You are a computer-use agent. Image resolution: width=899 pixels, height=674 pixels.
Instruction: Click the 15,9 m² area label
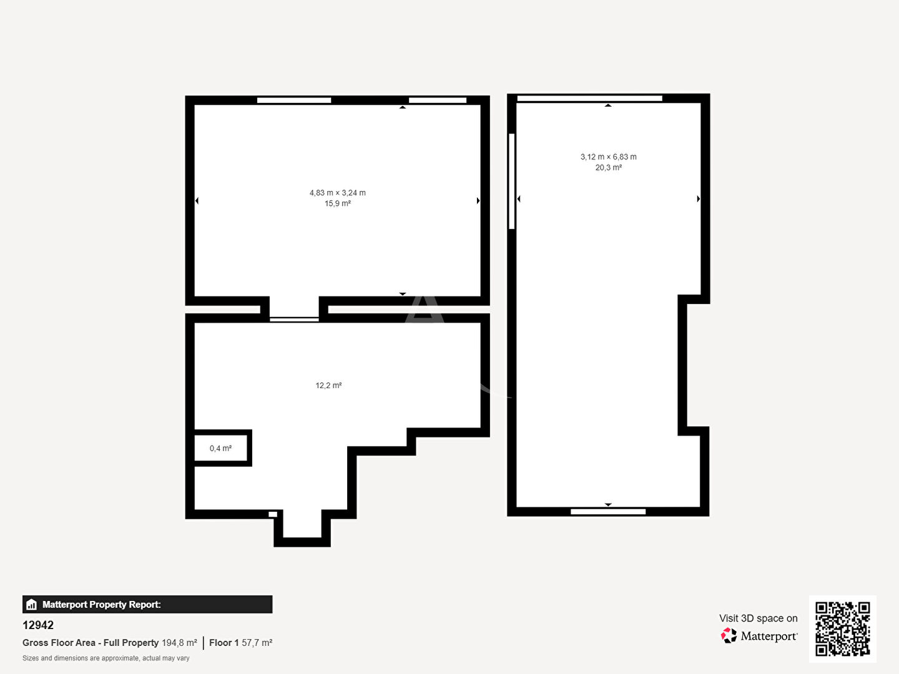click(338, 203)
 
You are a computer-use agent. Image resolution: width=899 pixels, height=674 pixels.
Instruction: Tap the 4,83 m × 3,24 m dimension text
click(338, 193)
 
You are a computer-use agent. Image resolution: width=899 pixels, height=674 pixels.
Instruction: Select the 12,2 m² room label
click(328, 385)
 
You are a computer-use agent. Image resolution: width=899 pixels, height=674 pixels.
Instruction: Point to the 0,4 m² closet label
click(221, 448)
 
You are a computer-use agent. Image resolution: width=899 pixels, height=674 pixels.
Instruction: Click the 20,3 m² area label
click(608, 167)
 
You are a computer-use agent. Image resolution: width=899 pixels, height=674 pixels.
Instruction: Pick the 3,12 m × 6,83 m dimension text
click(608, 157)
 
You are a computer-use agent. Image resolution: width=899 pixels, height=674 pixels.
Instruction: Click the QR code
click(842, 628)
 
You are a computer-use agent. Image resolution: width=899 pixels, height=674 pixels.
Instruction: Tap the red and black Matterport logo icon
click(729, 635)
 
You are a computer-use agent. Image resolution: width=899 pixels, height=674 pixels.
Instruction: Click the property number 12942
click(38, 625)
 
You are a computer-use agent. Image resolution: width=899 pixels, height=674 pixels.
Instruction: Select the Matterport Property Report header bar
click(147, 604)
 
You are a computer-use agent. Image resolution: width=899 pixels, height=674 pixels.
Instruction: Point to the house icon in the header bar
click(32, 605)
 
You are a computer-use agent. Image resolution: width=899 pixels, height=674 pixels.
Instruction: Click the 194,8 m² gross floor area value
click(179, 643)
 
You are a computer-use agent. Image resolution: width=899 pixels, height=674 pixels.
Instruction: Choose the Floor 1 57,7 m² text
click(241, 643)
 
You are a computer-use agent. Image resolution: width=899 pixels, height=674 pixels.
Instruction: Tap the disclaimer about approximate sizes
click(106, 658)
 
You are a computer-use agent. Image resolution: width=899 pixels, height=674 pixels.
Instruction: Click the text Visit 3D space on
click(758, 618)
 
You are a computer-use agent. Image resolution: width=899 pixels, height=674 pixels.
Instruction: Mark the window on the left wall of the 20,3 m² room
click(511, 181)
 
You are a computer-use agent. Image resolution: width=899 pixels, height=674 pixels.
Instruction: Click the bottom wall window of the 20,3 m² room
click(608, 512)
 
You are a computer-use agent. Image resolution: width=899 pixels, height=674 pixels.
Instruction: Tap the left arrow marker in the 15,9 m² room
click(197, 200)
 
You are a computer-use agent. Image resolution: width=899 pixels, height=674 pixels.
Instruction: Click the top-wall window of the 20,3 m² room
click(590, 98)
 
